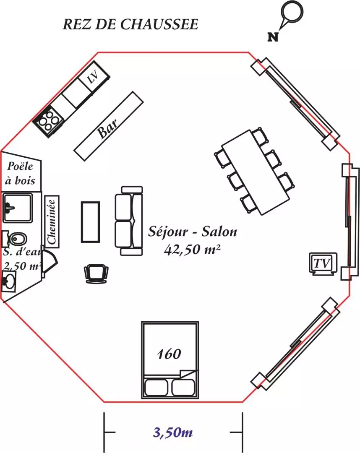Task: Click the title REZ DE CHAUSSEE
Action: pyautogui.click(x=130, y=24)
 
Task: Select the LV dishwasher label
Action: pyautogui.click(x=93, y=77)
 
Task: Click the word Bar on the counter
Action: pyautogui.click(x=108, y=128)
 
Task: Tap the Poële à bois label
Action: pyautogui.click(x=20, y=173)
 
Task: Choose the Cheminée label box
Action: pyautogui.click(x=52, y=221)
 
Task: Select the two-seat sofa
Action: pyautogui.click(x=129, y=221)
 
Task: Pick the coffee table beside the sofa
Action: pyautogui.click(x=91, y=222)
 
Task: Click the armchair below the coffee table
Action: pyautogui.click(x=96, y=273)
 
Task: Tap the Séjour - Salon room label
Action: pyautogui.click(x=193, y=232)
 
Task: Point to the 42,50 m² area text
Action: pyautogui.click(x=192, y=249)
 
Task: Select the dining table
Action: pyautogui.click(x=256, y=172)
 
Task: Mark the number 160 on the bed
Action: pyautogui.click(x=170, y=354)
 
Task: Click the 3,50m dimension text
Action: pyautogui.click(x=173, y=432)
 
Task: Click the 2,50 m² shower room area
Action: pyautogui.click(x=22, y=266)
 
